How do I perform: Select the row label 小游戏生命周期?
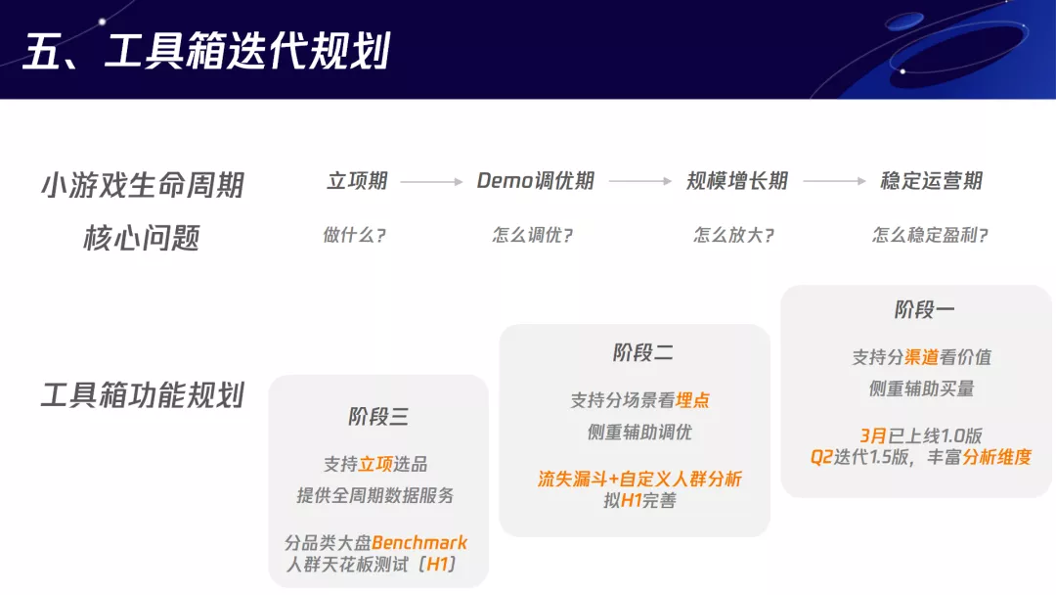(x=143, y=184)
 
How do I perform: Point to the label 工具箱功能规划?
(x=143, y=395)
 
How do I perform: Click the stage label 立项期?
(x=357, y=181)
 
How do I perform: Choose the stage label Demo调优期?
(x=535, y=181)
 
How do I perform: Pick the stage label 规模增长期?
(x=736, y=181)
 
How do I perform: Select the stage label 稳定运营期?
(x=931, y=181)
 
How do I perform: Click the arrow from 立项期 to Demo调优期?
(x=431, y=182)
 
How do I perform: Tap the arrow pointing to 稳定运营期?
(x=834, y=182)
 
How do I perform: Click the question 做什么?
(x=354, y=236)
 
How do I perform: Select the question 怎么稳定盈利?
(x=930, y=236)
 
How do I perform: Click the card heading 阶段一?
(x=924, y=310)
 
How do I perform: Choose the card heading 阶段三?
(x=378, y=417)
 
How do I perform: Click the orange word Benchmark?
(x=419, y=543)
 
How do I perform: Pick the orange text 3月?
(x=873, y=435)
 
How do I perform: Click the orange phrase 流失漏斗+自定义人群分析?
(x=639, y=479)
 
